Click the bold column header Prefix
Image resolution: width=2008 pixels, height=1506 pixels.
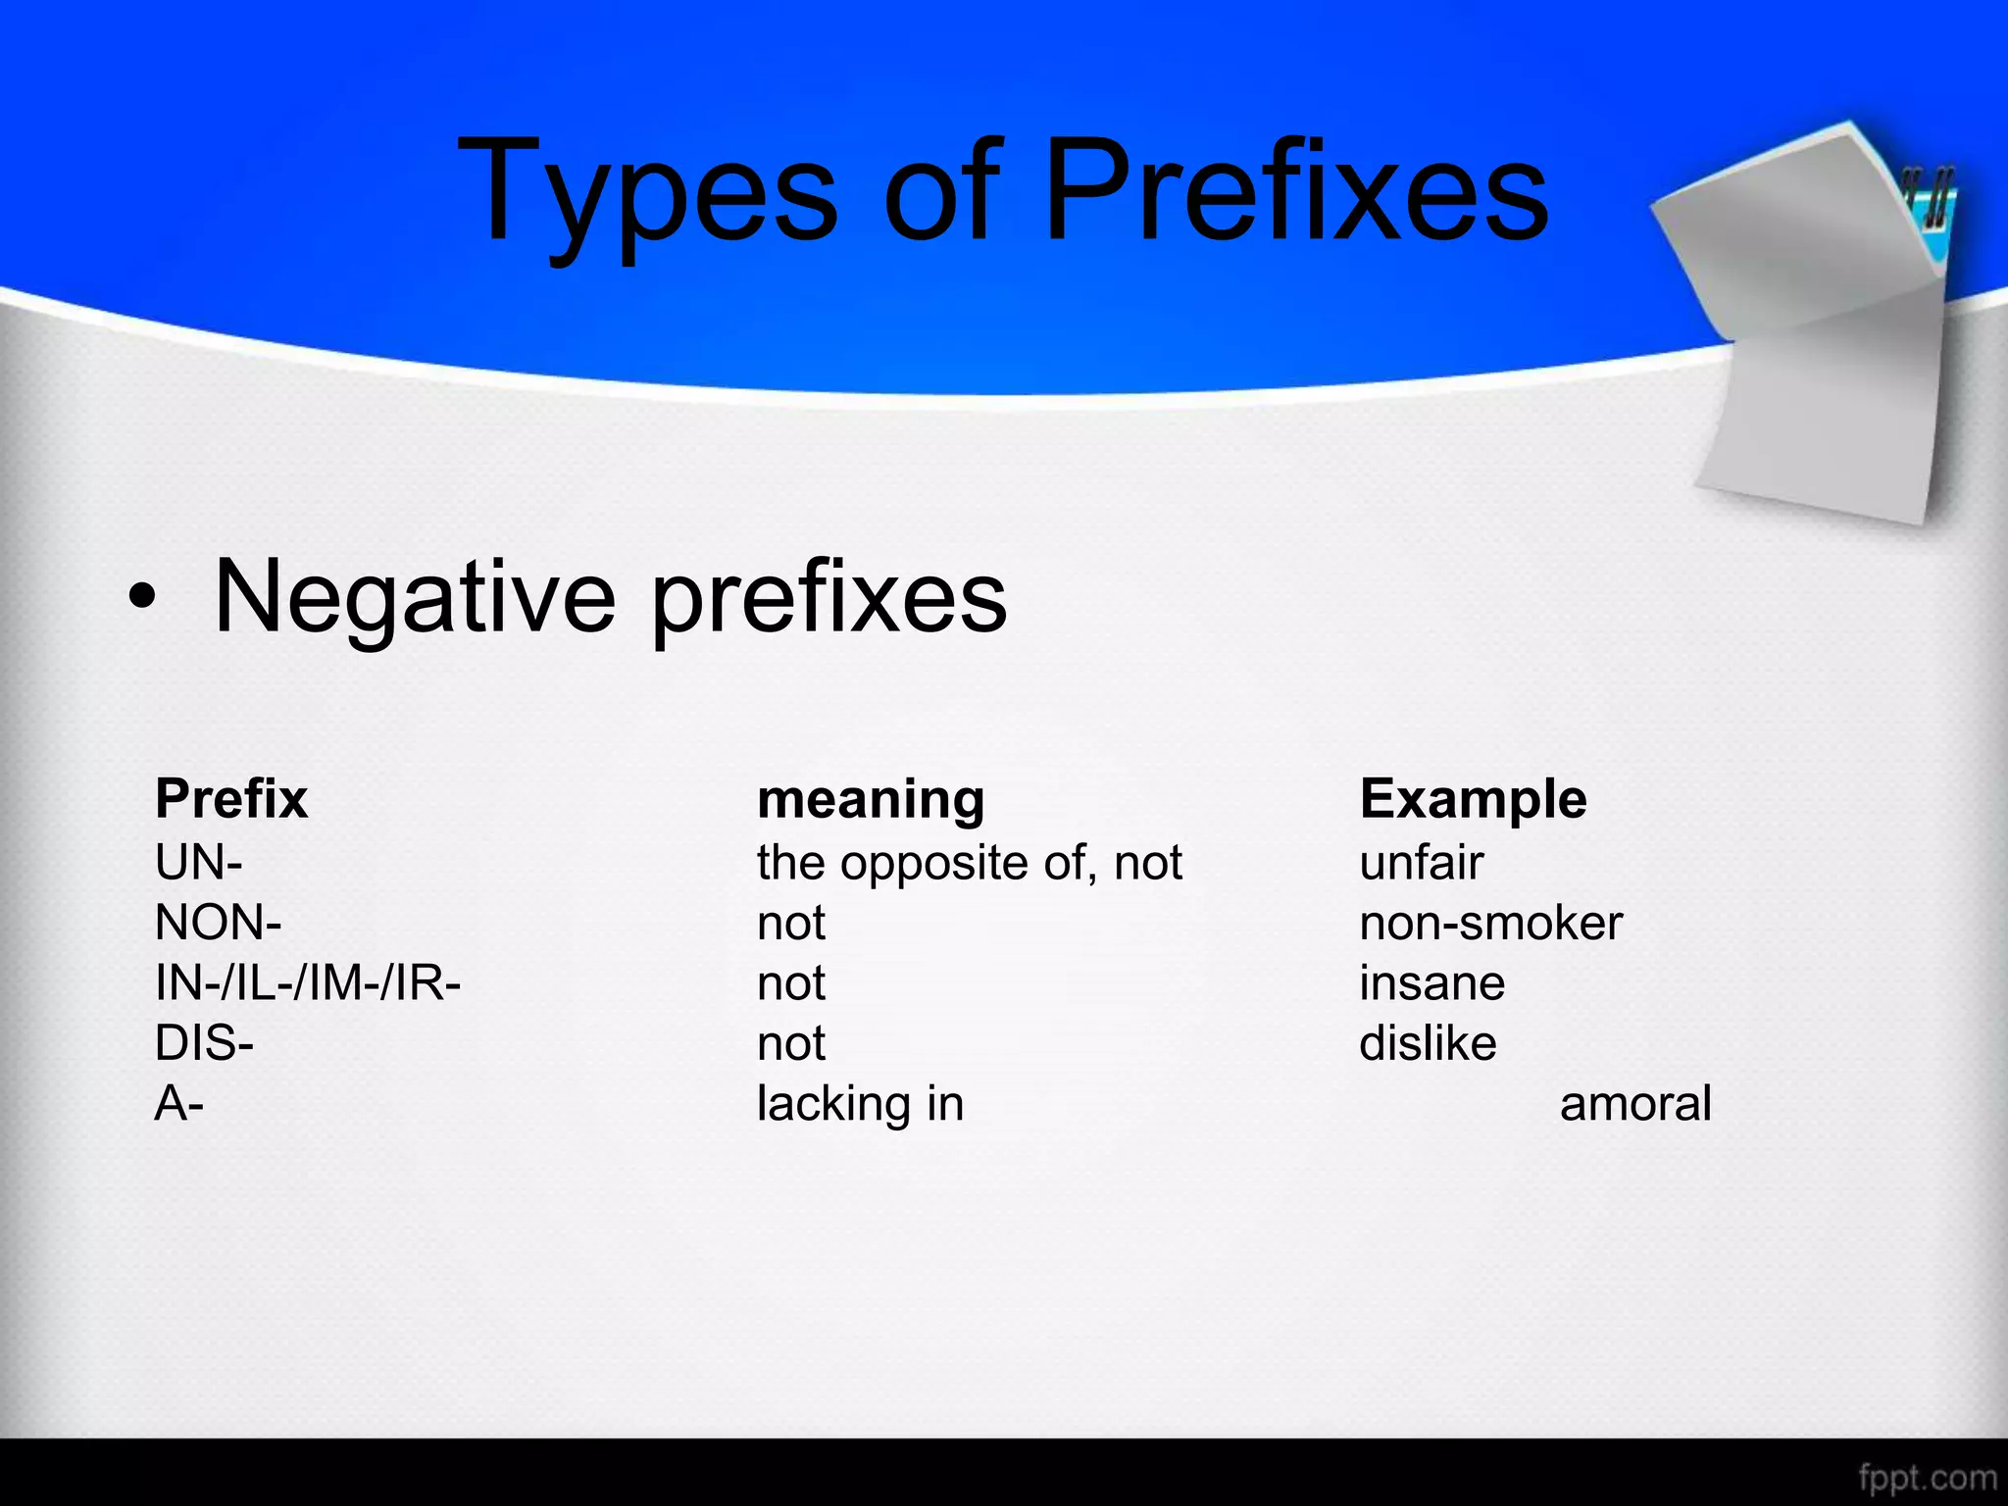tap(231, 798)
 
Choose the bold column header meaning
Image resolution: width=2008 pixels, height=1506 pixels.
tap(871, 800)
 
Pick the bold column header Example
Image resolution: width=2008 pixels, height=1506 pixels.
tap(1473, 799)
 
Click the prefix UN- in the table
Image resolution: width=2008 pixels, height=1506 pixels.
tap(199, 863)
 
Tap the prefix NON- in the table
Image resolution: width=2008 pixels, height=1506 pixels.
tap(219, 923)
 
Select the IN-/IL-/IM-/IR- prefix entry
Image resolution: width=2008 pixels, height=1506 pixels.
tap(308, 982)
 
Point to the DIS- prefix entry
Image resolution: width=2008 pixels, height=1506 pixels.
tap(205, 1043)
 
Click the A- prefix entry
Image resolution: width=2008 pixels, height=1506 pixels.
tap(179, 1104)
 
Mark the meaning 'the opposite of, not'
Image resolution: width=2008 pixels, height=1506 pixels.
tap(970, 863)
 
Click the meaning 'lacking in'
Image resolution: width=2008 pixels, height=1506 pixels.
tap(860, 1104)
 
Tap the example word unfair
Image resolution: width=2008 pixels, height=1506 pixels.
tap(1422, 863)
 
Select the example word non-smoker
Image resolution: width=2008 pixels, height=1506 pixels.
tap(1491, 923)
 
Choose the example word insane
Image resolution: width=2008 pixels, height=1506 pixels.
tap(1432, 983)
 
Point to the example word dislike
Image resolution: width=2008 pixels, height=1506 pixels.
tap(1428, 1043)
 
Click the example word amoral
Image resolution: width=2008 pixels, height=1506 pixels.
tap(1635, 1104)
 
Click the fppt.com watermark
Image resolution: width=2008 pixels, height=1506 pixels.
tap(1927, 1477)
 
